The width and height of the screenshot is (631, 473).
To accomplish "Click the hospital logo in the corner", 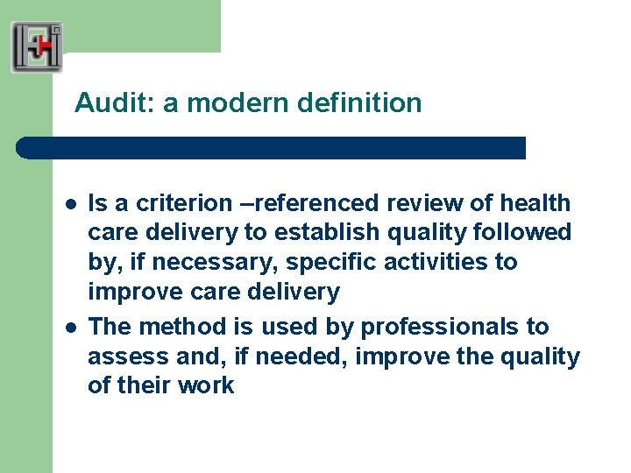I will click(37, 47).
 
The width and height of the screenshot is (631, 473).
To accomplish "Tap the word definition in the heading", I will click(359, 103).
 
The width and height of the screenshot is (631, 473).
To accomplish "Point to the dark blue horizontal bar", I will click(272, 147).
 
